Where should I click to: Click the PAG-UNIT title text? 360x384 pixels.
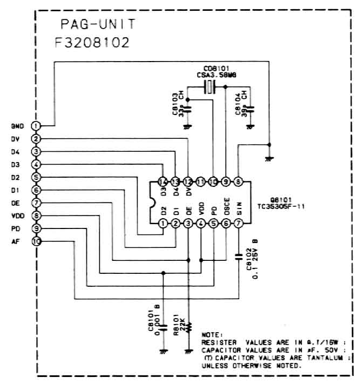click(97, 25)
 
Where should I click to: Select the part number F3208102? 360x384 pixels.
click(92, 43)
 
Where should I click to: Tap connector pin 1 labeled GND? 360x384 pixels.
click(36, 125)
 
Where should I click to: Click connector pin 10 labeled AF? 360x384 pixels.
click(36, 241)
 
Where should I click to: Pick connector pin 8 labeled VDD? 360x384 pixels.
click(36, 215)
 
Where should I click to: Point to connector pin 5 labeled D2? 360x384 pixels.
click(36, 177)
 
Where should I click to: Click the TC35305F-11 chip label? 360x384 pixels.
click(281, 206)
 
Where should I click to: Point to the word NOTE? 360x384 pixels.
click(212, 335)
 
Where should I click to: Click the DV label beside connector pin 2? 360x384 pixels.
click(15, 139)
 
